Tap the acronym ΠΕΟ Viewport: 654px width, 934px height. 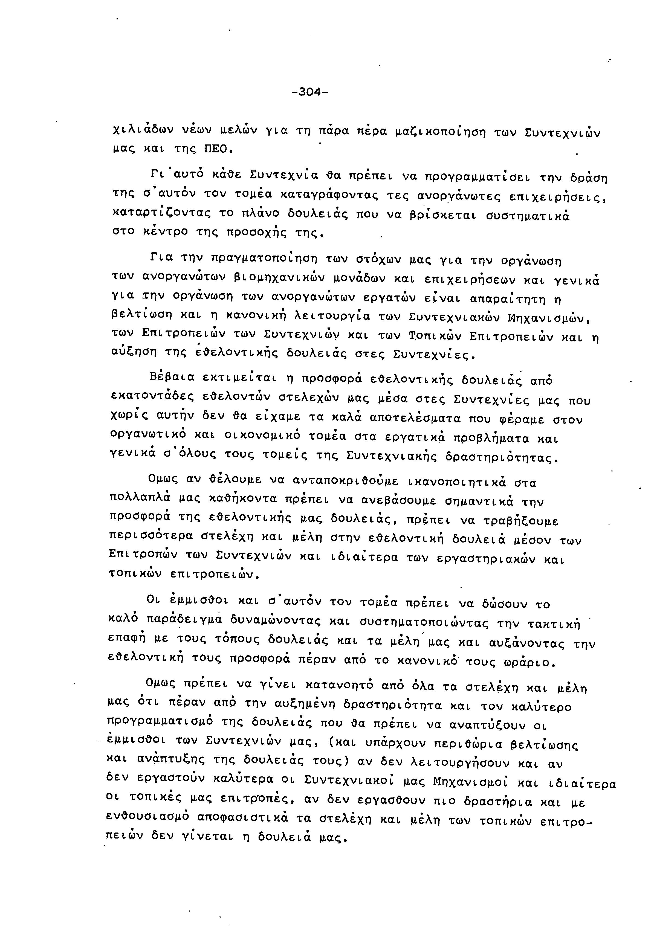[217, 149]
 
